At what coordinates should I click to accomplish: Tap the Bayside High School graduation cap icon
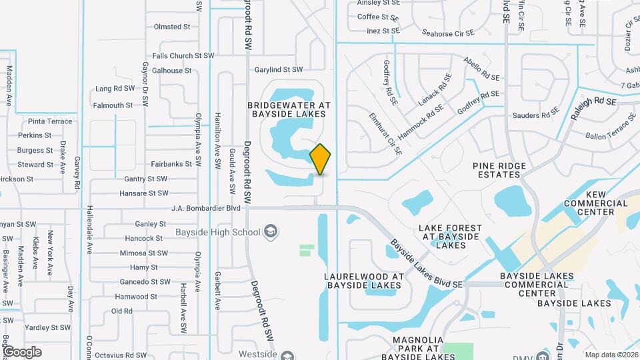[271, 232]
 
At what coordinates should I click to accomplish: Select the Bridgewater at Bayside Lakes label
[289, 110]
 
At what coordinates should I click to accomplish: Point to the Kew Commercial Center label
[596, 208]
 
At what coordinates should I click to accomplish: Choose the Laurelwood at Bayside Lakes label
[363, 281]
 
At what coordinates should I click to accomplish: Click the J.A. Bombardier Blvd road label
[205, 208]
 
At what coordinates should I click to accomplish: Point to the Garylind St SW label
[279, 69]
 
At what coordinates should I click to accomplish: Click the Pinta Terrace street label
[50, 121]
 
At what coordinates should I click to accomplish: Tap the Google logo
[22, 352]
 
